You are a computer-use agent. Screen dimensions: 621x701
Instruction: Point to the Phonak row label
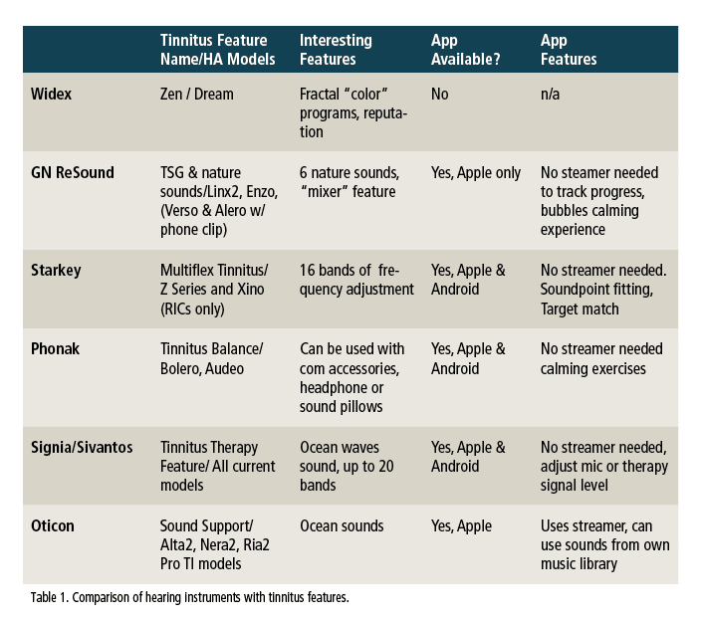56,349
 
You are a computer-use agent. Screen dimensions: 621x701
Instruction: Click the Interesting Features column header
336,49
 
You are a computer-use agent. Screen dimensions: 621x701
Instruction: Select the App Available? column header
464,49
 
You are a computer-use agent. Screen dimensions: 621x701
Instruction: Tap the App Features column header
569,49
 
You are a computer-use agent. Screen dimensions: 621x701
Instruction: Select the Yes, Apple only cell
476,173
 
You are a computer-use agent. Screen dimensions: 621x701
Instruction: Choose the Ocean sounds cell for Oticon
343,524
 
